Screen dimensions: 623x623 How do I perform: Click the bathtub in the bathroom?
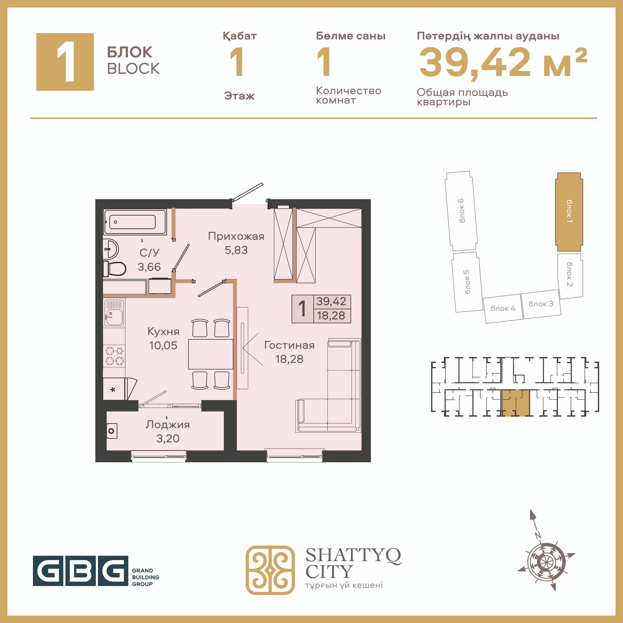point(135,222)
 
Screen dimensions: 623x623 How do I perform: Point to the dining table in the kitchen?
point(211,354)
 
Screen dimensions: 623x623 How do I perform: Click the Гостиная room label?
point(289,345)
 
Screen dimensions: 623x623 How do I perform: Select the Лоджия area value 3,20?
point(168,439)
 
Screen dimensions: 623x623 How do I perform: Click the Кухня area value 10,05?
point(163,345)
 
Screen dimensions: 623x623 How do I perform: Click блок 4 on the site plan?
point(503,308)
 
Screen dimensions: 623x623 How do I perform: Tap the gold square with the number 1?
point(65,62)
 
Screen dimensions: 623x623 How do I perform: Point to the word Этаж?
point(239,96)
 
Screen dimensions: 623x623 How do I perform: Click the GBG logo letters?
point(81,571)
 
